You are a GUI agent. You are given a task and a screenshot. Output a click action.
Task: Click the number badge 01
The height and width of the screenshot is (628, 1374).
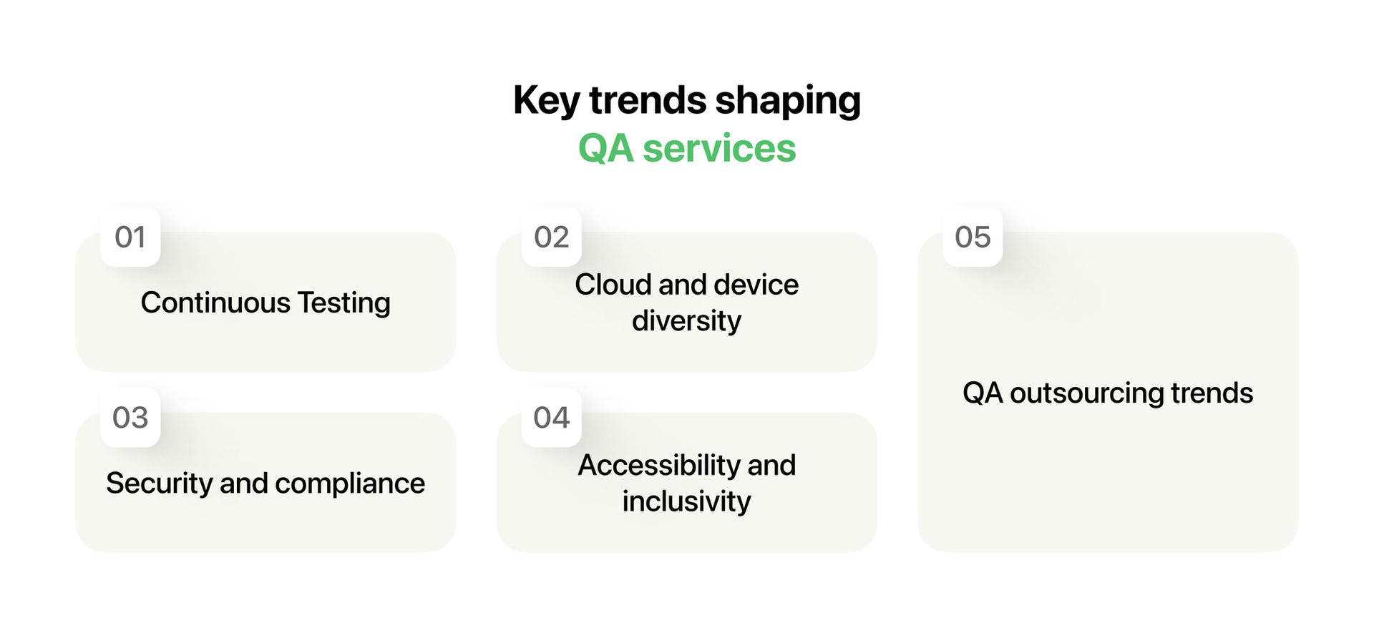click(130, 237)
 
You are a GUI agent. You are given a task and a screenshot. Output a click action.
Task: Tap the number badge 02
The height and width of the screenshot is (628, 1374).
click(551, 237)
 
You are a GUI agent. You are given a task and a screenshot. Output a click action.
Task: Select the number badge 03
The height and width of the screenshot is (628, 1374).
click(130, 418)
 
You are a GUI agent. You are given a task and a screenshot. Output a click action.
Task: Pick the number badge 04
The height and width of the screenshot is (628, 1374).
click(551, 418)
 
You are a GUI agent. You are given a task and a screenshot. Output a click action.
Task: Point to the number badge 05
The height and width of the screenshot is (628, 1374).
click(973, 237)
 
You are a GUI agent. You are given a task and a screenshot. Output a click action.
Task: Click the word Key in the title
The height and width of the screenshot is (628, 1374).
click(545, 101)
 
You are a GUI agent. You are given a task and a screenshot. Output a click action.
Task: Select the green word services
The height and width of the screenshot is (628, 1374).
click(719, 149)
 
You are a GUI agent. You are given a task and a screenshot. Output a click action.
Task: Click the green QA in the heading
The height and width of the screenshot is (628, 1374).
click(605, 149)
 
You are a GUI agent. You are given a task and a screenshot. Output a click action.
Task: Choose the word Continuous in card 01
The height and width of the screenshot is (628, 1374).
click(215, 303)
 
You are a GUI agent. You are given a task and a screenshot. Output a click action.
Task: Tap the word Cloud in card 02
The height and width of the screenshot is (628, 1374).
click(613, 285)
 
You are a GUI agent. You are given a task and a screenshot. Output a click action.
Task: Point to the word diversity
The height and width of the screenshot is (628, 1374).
click(686, 321)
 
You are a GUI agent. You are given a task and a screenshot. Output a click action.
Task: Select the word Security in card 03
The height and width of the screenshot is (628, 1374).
click(160, 484)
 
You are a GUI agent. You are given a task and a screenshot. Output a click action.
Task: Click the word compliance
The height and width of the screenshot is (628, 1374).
click(349, 484)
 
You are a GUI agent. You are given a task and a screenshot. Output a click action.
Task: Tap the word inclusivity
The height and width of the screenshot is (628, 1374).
click(686, 501)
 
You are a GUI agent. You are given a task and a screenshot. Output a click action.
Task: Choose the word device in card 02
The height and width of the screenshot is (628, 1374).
click(756, 285)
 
